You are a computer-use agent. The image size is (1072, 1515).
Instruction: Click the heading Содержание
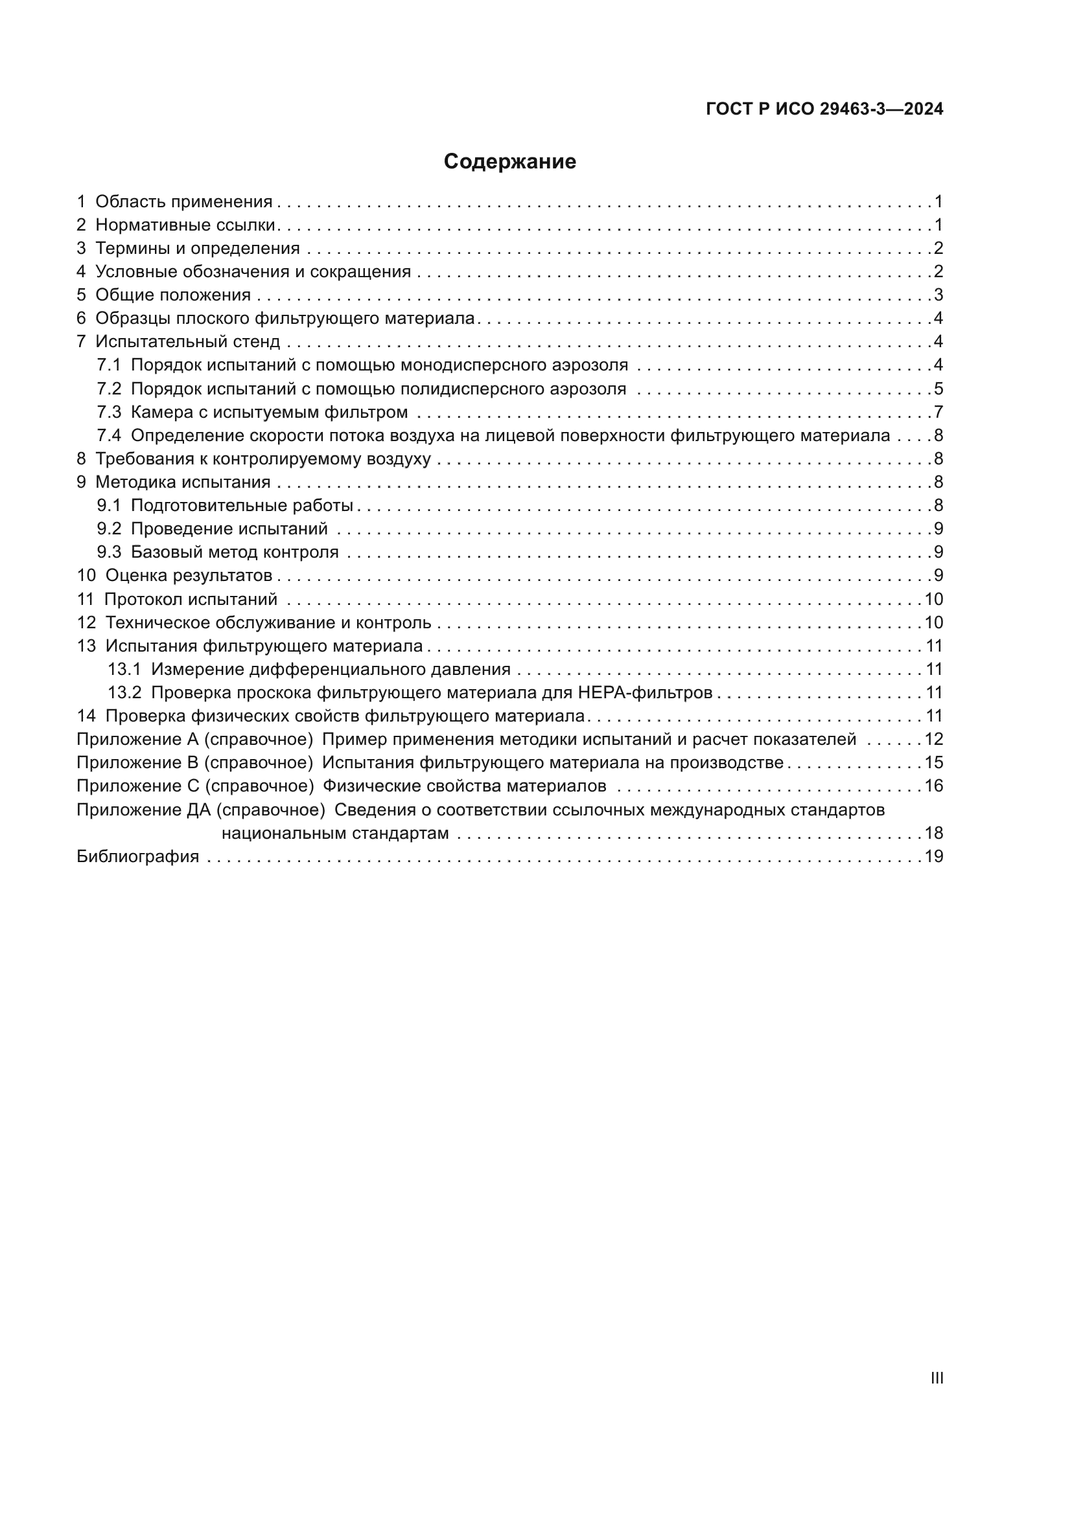coord(509,162)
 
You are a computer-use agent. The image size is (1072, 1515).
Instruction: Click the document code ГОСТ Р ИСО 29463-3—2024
coord(824,109)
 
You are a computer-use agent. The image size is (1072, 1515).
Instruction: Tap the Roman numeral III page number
coord(936,1378)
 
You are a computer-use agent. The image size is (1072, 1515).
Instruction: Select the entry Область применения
coord(183,202)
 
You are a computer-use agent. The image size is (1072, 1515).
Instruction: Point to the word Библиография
coord(137,856)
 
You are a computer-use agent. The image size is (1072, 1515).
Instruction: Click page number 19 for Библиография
coord(933,856)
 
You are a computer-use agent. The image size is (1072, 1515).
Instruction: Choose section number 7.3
coord(109,413)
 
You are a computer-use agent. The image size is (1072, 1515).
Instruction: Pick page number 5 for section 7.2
coord(938,389)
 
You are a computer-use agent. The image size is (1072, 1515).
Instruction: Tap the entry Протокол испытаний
coord(190,600)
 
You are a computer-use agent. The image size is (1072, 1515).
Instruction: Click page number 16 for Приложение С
coord(933,786)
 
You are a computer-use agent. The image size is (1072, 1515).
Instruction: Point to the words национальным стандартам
coord(334,834)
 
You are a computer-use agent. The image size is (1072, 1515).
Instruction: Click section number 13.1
coord(124,670)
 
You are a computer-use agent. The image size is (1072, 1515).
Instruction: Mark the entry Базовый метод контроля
coord(235,552)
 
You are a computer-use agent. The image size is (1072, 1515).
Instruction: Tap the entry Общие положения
coord(173,295)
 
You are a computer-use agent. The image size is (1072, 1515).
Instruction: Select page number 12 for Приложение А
coord(933,740)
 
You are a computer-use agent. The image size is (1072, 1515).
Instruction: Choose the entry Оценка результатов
coord(188,576)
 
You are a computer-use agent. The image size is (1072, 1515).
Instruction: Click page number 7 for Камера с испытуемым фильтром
coord(938,413)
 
